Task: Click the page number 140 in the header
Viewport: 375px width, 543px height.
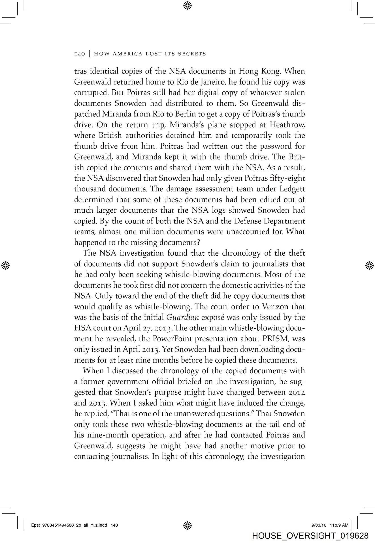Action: pyautogui.click(x=79, y=54)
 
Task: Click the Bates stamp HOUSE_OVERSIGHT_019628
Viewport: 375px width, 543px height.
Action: pyautogui.click(x=310, y=536)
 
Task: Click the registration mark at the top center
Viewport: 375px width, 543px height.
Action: pyautogui.click(x=187, y=5)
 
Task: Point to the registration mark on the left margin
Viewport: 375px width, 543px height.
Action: pyautogui.click(x=6, y=265)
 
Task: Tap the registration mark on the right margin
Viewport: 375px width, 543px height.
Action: pyautogui.click(x=369, y=265)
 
